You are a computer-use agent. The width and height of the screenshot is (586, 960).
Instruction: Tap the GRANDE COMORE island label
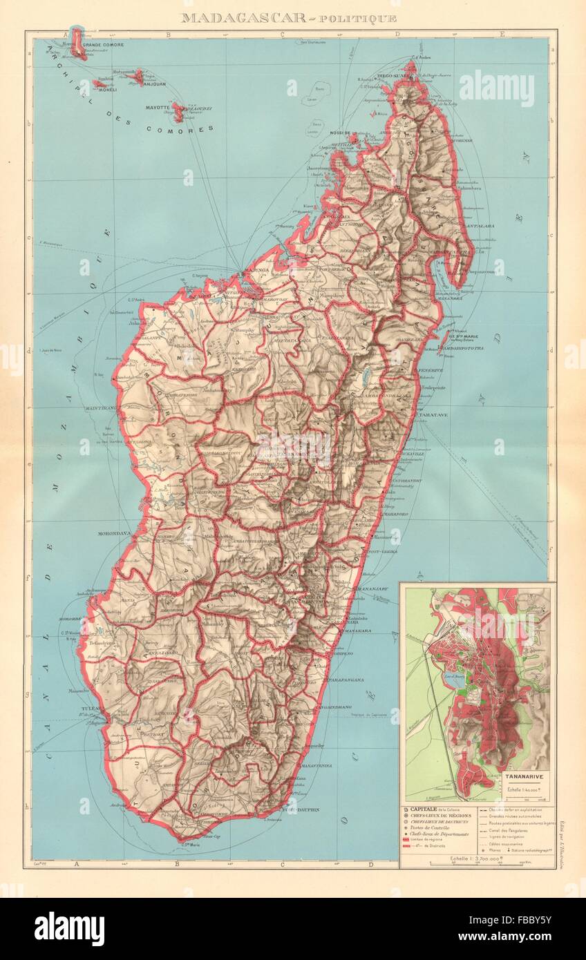coord(104,46)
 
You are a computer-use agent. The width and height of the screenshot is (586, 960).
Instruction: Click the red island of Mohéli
coord(101,84)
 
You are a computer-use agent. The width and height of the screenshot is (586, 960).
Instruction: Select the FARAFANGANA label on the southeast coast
coord(350,678)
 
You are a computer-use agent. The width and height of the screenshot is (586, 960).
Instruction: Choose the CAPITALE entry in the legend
coord(431,809)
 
